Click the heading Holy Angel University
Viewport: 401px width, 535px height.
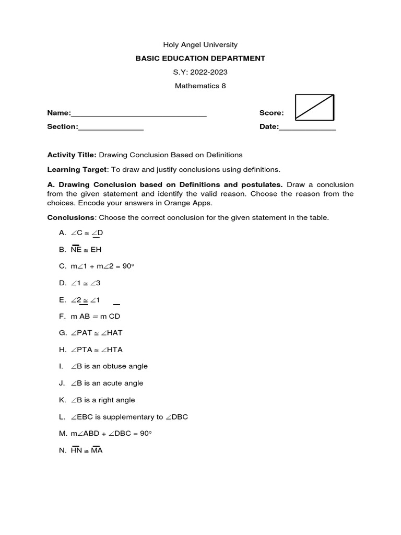click(x=200, y=45)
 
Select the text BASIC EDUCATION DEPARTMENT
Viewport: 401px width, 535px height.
click(x=200, y=59)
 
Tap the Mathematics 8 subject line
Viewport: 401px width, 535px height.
click(x=200, y=86)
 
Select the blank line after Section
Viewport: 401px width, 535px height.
click(x=111, y=128)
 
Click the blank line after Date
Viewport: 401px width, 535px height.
click(x=308, y=128)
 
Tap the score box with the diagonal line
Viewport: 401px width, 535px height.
click(x=314, y=107)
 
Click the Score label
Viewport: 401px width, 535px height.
click(x=272, y=113)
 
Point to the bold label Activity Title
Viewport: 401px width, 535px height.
click(x=72, y=155)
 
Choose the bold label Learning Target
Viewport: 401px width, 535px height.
click(x=77, y=169)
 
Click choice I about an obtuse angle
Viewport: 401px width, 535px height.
click(x=109, y=366)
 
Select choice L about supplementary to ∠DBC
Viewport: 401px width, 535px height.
click(x=129, y=417)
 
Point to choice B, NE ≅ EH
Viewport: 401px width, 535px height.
click(x=86, y=250)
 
